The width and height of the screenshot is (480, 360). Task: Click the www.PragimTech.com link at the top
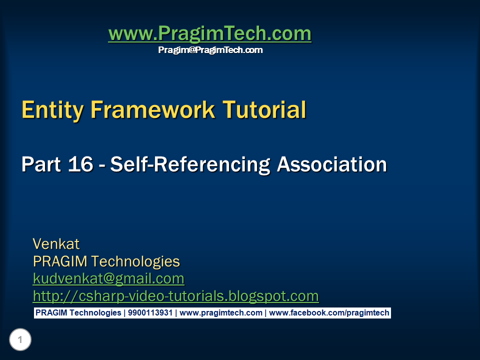209,34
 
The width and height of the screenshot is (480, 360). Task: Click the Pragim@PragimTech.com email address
210,50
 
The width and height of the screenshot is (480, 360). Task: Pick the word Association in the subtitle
332,164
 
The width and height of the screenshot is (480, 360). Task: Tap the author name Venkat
56,244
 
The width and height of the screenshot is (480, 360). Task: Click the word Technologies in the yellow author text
135,261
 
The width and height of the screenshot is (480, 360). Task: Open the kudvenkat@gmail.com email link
108,278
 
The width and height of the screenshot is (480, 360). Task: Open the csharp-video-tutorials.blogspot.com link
175,296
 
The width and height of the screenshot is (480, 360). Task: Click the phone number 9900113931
149,313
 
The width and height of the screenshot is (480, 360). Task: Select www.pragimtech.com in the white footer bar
221,313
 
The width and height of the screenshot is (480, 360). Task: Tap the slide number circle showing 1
20,340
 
